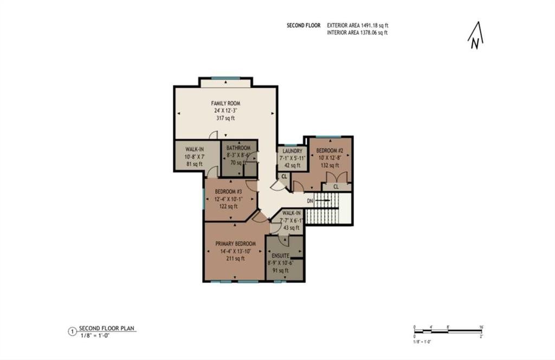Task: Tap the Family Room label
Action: pyautogui.click(x=225, y=103)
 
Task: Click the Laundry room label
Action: pyautogui.click(x=293, y=151)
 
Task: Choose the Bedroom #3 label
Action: pyautogui.click(x=228, y=191)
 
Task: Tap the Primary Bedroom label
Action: pyautogui.click(x=235, y=244)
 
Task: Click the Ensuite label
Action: pyautogui.click(x=280, y=255)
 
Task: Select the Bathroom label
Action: pyautogui.click(x=238, y=148)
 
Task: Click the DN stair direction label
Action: pyautogui.click(x=310, y=201)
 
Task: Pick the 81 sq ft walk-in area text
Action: pyautogui.click(x=193, y=164)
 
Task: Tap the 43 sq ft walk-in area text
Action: pyautogui.click(x=291, y=228)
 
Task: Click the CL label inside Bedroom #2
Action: pyautogui.click(x=335, y=187)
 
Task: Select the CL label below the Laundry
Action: pyautogui.click(x=284, y=176)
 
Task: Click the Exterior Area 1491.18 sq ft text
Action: pyautogui.click(x=358, y=25)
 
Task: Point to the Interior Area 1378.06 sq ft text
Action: pyautogui.click(x=357, y=33)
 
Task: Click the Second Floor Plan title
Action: pyautogui.click(x=107, y=329)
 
